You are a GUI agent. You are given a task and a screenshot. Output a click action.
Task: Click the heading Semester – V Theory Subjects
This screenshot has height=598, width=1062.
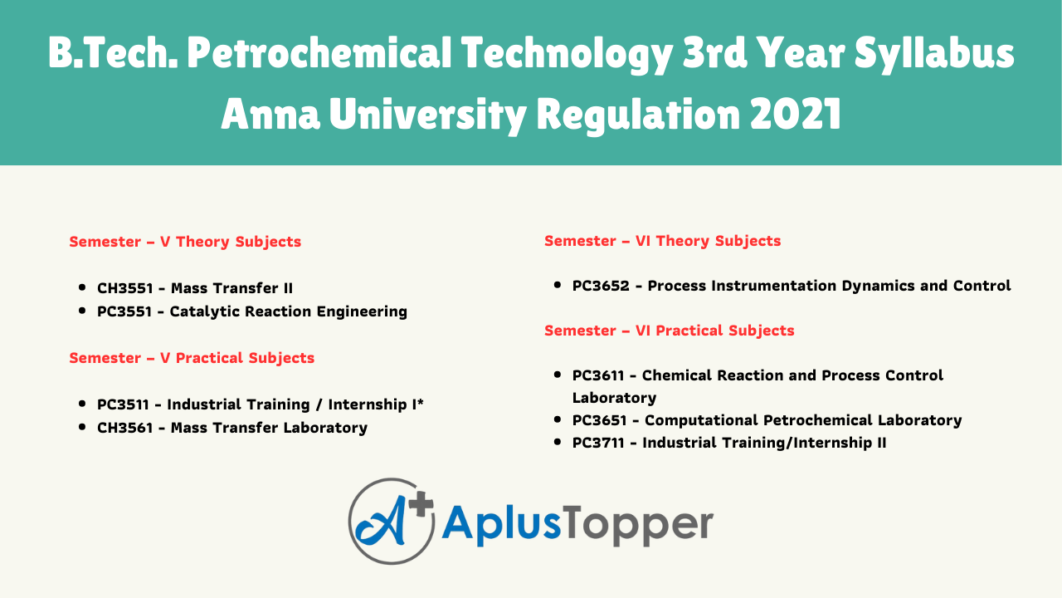185,242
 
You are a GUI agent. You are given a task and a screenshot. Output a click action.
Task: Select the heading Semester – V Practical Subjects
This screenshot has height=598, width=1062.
192,358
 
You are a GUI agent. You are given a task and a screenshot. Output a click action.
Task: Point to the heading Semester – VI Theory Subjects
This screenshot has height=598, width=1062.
662,241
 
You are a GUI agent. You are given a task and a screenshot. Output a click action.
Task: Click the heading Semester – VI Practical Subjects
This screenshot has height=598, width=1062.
669,331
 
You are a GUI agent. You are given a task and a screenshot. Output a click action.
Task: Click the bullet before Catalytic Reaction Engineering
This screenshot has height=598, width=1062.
82,311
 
